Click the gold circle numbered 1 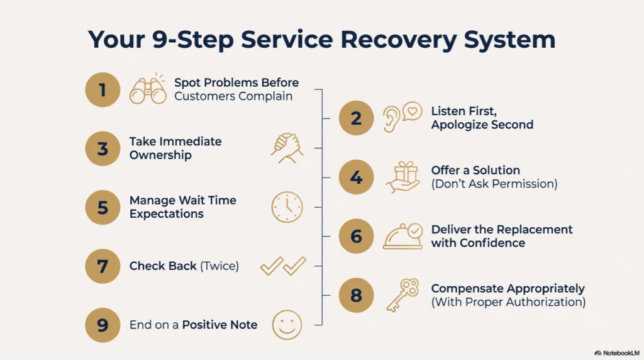coord(103,90)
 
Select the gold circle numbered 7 coord(103,266)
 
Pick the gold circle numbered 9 coord(103,325)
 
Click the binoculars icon coord(147,89)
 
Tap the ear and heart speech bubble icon coord(402,117)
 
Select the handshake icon coord(287,148)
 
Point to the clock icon coord(287,207)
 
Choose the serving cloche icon coord(402,236)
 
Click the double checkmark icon coord(283,266)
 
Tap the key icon coord(402,295)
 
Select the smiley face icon coord(287,325)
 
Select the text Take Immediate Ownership coord(175,148)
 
